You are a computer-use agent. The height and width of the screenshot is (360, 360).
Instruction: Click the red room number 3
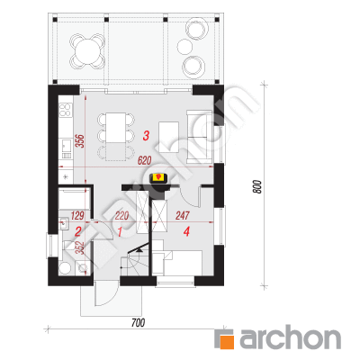click(146, 136)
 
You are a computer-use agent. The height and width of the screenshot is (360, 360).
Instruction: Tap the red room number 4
click(186, 231)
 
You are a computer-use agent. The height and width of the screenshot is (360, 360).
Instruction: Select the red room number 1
click(120, 231)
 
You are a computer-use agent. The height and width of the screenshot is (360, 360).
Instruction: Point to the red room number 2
click(77, 231)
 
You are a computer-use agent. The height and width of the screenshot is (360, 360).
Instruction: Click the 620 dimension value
click(144, 161)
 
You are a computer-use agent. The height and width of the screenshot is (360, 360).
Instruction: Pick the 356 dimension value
click(80, 140)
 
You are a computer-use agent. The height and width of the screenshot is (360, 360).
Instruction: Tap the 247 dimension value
click(183, 215)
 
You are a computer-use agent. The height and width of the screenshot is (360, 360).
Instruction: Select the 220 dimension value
click(121, 215)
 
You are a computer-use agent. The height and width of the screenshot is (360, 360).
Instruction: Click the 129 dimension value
click(77, 215)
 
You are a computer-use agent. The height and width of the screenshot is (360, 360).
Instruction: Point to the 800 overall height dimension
click(258, 186)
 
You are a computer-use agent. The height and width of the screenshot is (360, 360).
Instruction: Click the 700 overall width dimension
click(138, 323)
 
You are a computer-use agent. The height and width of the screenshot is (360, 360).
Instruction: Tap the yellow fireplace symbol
click(158, 177)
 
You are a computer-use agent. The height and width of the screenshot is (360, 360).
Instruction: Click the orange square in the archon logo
click(227, 339)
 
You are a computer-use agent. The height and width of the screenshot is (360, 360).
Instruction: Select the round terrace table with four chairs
click(87, 51)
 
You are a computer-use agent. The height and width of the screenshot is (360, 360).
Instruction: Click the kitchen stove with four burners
click(66, 110)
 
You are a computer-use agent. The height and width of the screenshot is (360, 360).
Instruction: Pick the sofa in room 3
click(199, 137)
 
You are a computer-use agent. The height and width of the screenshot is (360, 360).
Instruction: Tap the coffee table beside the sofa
click(169, 137)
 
